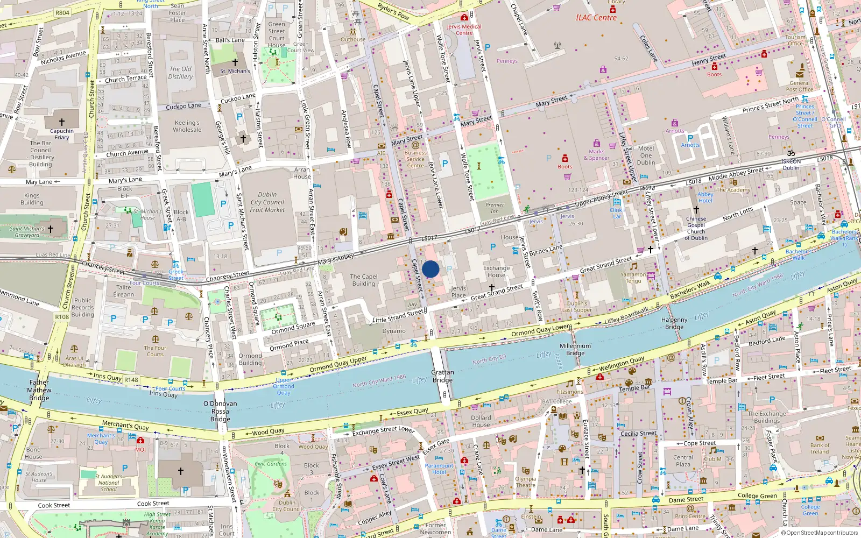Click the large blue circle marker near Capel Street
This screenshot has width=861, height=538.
coord(430,269)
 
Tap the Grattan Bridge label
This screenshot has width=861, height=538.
coord(442,376)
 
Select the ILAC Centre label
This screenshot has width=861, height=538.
coord(596,18)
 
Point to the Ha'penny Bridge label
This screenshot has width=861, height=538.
coord(674,323)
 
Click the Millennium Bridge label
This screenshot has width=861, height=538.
coord(575,350)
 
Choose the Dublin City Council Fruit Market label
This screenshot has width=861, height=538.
coord(267,202)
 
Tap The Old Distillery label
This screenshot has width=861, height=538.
coord(180,73)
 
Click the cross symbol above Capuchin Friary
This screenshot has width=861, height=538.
coord(62,122)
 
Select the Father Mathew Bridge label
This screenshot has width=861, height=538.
coord(39,390)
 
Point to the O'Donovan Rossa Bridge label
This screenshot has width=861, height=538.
coord(220,411)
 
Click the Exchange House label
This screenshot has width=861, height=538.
coord(496,271)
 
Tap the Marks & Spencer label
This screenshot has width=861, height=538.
coord(596,155)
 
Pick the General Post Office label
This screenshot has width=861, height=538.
coord(800,86)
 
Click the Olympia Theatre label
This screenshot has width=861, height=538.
coord(525,482)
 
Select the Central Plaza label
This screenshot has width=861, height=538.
coord(683,461)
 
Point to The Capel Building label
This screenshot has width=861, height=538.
coord(364,280)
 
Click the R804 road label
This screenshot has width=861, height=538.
coord(62,12)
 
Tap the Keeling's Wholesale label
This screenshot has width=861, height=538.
coord(187,126)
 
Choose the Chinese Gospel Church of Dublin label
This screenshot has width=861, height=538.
coord(696,228)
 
